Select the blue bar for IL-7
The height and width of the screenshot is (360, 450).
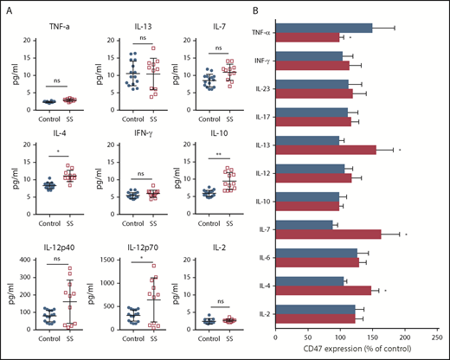point(305,225)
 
